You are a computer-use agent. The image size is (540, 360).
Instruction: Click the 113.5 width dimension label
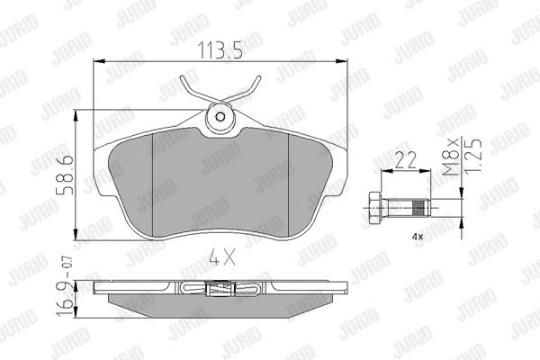(220, 50)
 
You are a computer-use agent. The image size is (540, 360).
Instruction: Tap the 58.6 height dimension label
(65, 175)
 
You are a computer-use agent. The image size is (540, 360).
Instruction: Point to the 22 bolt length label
(406, 160)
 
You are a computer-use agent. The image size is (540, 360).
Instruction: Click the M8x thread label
(451, 157)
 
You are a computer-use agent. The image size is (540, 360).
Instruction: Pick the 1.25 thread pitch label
(472, 157)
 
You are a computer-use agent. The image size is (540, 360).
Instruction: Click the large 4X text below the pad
(223, 257)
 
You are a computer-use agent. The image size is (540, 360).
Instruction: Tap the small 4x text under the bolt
(418, 237)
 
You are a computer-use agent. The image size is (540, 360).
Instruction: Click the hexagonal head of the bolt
(374, 208)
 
